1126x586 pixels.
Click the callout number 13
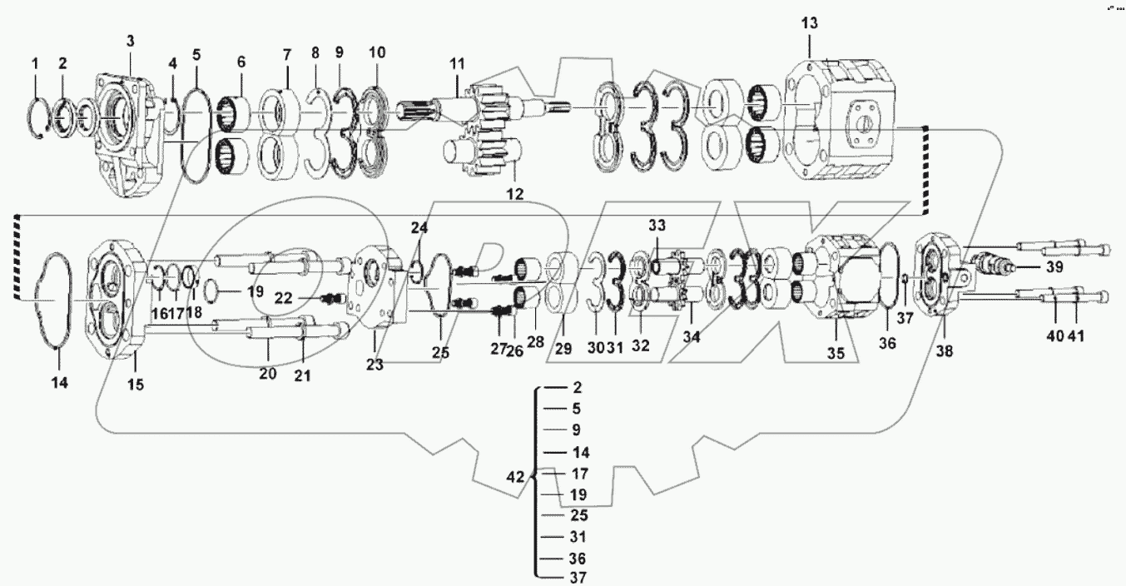pos(809,22)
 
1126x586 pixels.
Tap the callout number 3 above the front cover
pos(130,41)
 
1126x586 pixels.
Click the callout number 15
pos(135,384)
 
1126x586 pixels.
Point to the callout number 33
pos(657,226)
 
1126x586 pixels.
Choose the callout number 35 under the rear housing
pos(835,353)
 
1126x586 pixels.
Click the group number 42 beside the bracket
pos(516,477)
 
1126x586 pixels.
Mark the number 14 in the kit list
pos(581,453)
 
